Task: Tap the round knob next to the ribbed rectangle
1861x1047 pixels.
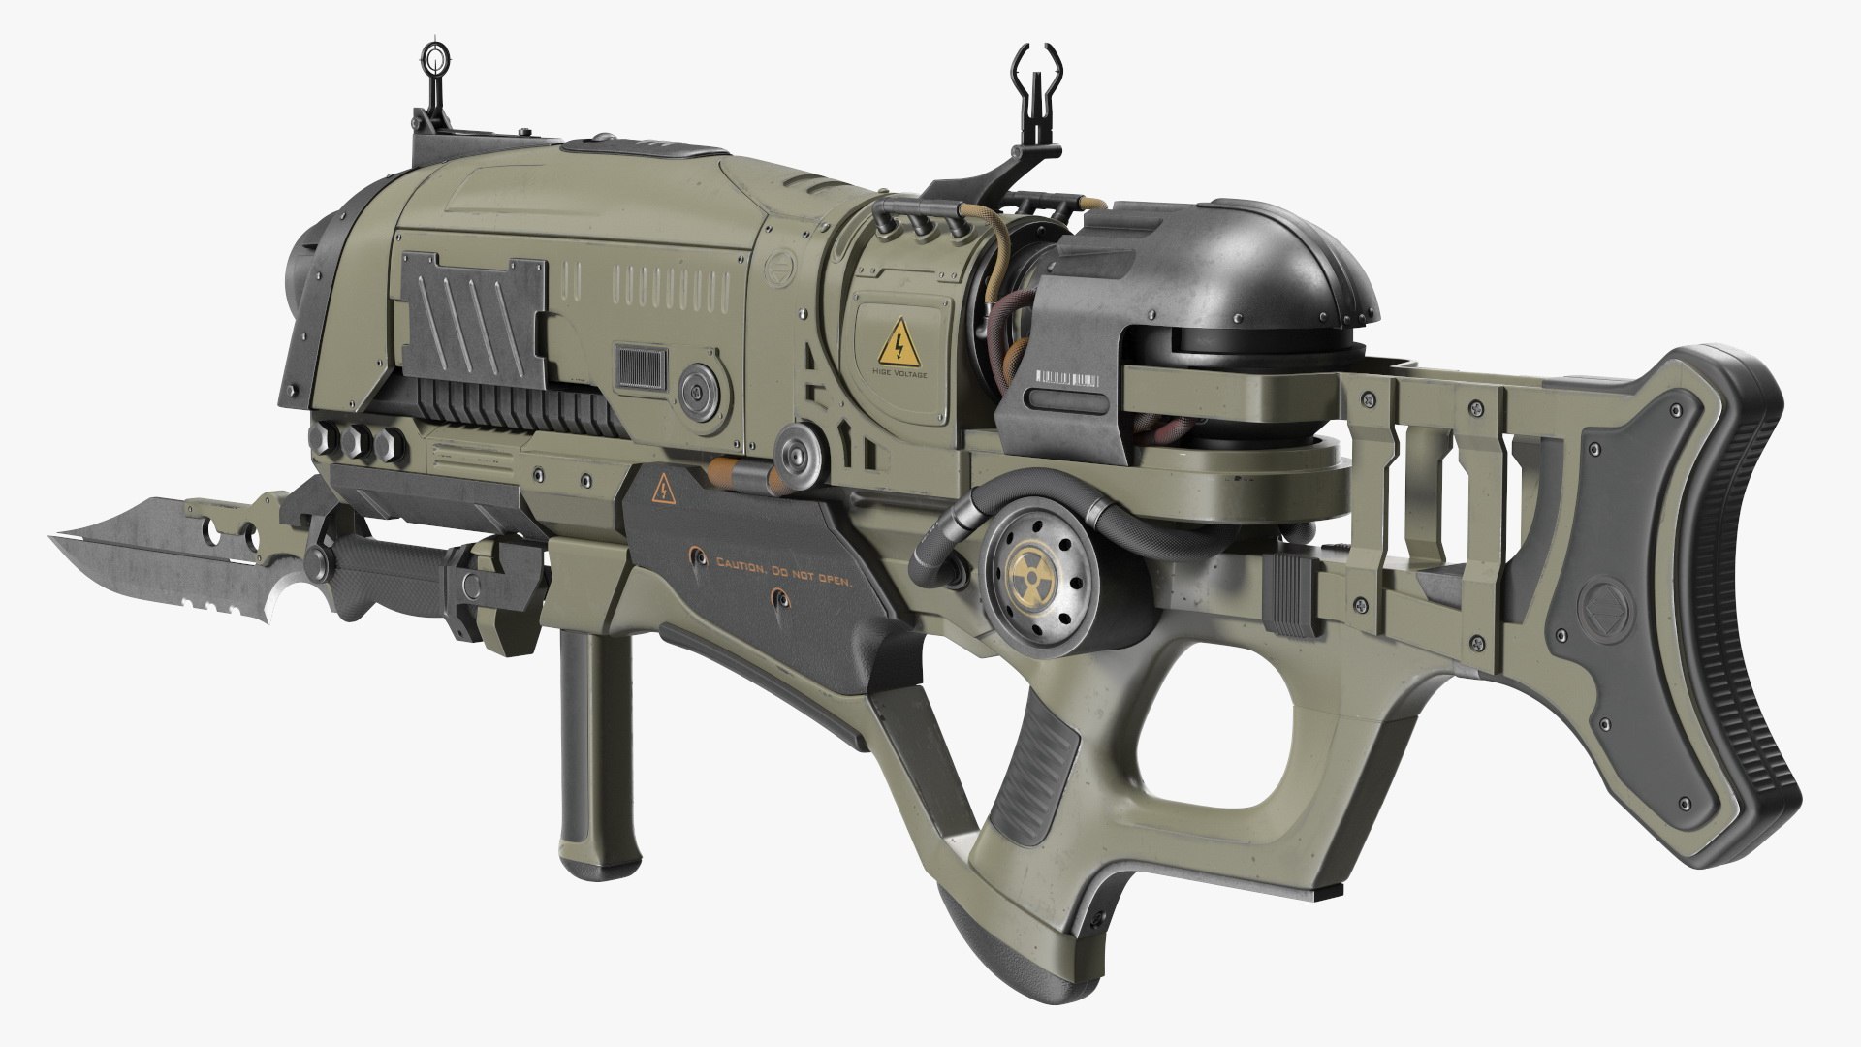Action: [697, 390]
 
